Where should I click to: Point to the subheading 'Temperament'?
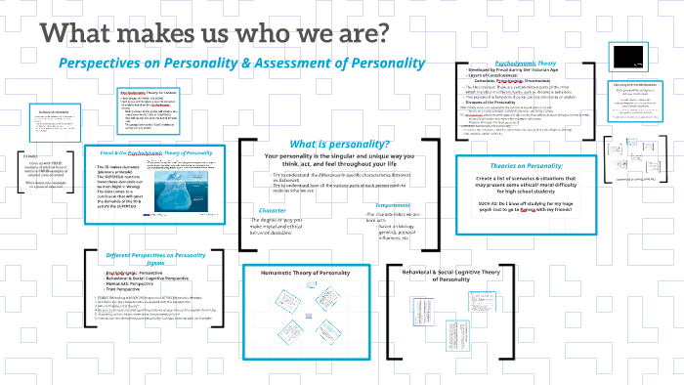pyautogui.click(x=387, y=205)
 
